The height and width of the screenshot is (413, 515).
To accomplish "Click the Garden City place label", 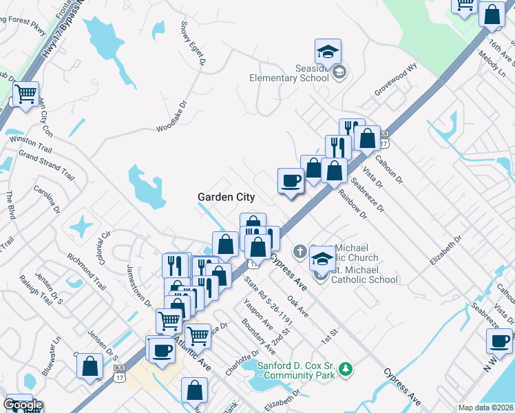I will tap(227, 197).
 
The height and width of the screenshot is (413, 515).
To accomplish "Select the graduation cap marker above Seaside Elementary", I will tap(328, 52).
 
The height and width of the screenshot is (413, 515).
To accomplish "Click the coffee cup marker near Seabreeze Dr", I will tap(291, 181).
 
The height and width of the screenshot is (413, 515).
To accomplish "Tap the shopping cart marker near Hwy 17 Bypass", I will tap(26, 94).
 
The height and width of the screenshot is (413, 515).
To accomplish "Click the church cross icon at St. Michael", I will tap(299, 251).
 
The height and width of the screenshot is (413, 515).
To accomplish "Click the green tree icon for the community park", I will tap(346, 370).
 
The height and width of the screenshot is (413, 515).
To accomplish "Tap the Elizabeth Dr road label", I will tap(443, 251).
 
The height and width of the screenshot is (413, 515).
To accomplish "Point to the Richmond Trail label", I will tap(87, 272).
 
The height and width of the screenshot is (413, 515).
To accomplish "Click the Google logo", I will tap(23, 405).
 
